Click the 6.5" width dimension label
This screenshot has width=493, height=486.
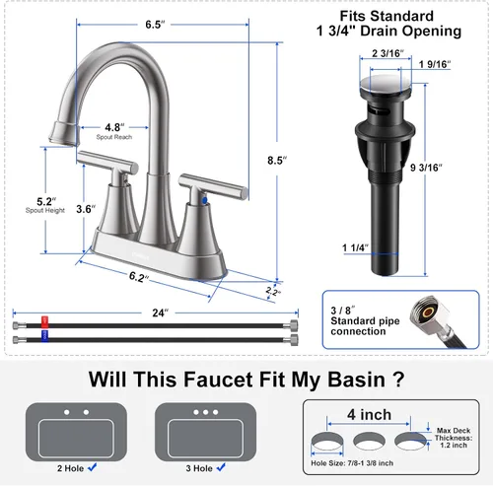(155, 25)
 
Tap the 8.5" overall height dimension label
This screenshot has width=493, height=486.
(277, 161)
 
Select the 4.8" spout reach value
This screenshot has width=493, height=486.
(114, 127)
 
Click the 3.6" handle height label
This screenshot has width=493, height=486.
(86, 209)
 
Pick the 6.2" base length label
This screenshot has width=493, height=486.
(138, 277)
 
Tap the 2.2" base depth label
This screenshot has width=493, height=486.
(273, 291)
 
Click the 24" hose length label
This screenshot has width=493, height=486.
(160, 312)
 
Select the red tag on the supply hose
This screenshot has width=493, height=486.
(44, 322)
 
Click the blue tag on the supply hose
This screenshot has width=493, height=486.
(44, 336)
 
